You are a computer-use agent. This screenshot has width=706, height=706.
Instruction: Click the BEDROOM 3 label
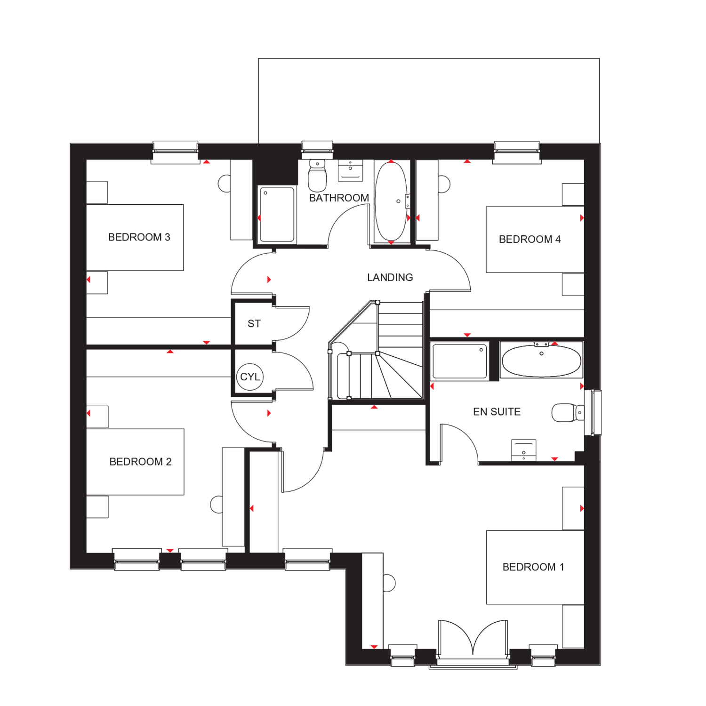pyautogui.click(x=139, y=237)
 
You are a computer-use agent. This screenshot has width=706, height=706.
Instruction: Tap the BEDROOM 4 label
pyautogui.click(x=530, y=239)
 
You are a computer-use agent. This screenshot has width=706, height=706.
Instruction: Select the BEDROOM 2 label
pyautogui.click(x=140, y=462)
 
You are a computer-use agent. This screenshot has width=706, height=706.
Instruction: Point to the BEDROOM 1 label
pyautogui.click(x=533, y=567)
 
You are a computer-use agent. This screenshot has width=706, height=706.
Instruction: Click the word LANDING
pyautogui.click(x=390, y=278)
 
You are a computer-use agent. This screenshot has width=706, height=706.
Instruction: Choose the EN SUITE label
pyautogui.click(x=497, y=412)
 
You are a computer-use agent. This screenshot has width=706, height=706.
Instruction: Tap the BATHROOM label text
pyautogui.click(x=339, y=198)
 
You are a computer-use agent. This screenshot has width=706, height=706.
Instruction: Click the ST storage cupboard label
pyautogui.click(x=254, y=324)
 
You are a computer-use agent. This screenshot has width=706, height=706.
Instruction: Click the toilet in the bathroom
pyautogui.click(x=317, y=176)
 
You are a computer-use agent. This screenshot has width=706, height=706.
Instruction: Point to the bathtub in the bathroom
pyautogui.click(x=391, y=201)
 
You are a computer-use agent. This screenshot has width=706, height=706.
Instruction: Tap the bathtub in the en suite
pyautogui.click(x=541, y=361)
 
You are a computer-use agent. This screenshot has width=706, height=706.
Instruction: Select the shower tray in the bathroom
pyautogui.click(x=277, y=215)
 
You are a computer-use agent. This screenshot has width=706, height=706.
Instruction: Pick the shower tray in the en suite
pyautogui.click(x=460, y=361)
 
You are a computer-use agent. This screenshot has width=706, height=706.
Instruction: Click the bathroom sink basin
pyautogui.click(x=350, y=171)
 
